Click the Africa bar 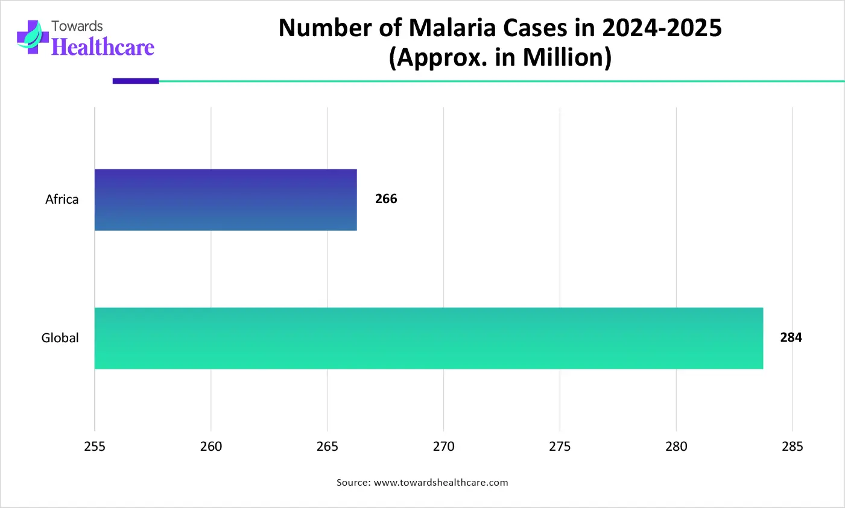coord(226,199)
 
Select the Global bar coord(428,338)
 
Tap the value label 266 coord(386,199)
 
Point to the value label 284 coord(791,337)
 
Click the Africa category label coord(62,199)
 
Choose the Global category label coord(60,338)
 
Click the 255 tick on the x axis coord(95,447)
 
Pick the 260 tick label coord(211,447)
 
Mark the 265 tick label coord(327,447)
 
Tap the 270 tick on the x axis coord(443,447)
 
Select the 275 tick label coord(560,447)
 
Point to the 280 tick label coord(676,447)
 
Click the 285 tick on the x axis coord(792,447)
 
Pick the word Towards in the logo coord(77,27)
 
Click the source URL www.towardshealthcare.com coord(441,483)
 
